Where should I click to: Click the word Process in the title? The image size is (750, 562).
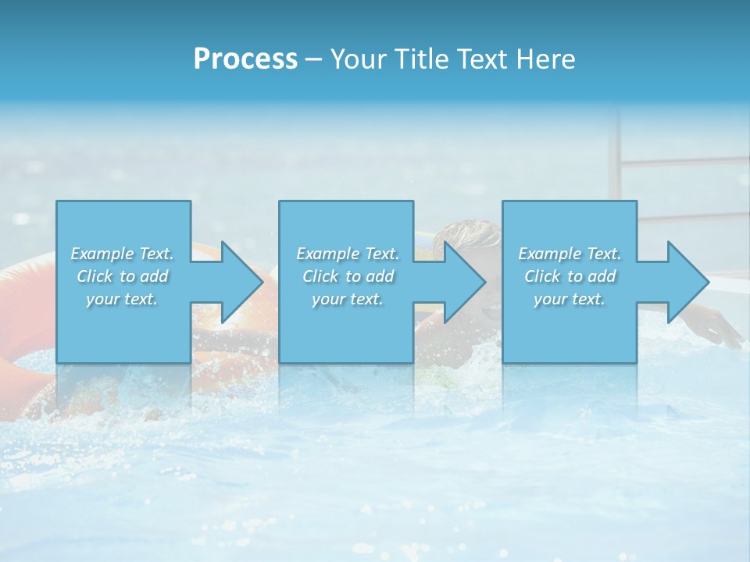[x=245, y=59]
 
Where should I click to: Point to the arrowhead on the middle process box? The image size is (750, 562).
[x=464, y=282]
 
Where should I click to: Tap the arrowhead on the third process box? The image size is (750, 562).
[x=687, y=282]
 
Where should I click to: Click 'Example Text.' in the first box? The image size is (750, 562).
[x=122, y=254]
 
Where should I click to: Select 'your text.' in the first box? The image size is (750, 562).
[x=122, y=299]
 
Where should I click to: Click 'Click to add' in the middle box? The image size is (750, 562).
[x=348, y=276]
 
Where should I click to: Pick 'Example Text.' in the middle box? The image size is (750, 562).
[x=348, y=254]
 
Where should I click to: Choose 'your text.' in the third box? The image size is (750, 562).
[x=570, y=299]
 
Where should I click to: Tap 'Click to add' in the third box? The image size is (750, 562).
[x=570, y=276]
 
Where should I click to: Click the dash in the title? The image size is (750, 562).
[x=313, y=59]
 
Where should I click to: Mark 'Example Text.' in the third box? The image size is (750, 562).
[x=570, y=254]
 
